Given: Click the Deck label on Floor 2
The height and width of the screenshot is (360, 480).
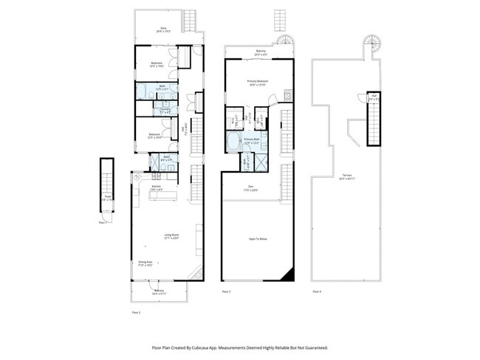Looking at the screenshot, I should [163, 30].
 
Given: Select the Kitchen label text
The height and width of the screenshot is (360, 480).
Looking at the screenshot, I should [157, 187].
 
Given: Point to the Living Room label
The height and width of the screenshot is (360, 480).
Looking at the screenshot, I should [171, 236].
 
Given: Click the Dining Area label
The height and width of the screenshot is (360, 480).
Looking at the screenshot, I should [145, 263].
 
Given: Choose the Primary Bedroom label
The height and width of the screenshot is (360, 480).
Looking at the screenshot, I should [258, 82].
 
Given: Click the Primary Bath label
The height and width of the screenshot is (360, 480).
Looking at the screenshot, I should [251, 139].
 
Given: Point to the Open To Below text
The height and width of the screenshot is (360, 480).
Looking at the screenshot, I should [258, 239].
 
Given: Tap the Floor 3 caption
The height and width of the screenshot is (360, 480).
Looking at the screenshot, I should [226, 292].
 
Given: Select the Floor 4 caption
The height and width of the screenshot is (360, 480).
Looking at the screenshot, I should [316, 292].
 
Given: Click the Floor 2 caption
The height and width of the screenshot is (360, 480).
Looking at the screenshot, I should [136, 313].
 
